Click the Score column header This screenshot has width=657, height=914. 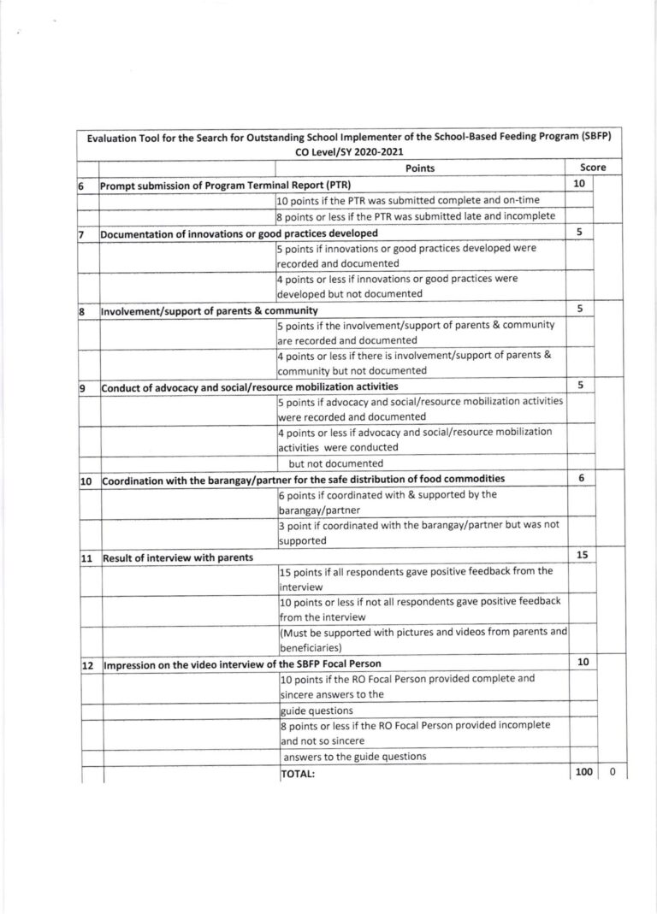click(593, 169)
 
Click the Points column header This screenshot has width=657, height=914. click(420, 169)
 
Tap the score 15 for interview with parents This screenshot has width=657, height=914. click(582, 556)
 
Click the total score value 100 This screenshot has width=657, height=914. click(583, 773)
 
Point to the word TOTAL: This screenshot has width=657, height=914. click(299, 774)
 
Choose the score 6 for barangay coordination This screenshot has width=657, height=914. click(581, 479)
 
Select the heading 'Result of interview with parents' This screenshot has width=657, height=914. click(178, 557)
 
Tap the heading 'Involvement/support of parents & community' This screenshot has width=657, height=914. click(210, 310)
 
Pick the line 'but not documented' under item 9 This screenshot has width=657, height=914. click(330, 463)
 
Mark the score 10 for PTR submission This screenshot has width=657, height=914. click(579, 184)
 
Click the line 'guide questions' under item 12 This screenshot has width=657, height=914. click(317, 711)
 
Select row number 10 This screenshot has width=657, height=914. click(86, 481)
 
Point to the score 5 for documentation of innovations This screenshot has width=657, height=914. click(580, 232)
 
